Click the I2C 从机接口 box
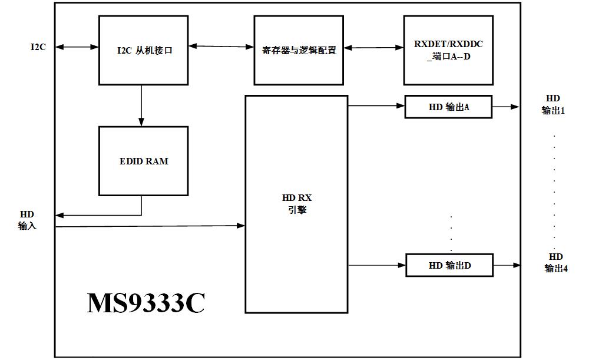click(x=143, y=50)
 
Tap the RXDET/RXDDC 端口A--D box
click(x=448, y=50)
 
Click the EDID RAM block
click(x=143, y=161)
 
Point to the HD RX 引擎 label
click(x=297, y=204)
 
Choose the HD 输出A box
click(x=448, y=107)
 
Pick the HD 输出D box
click(x=449, y=266)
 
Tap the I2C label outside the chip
click(x=38, y=47)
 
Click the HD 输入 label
click(x=27, y=220)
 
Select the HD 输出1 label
click(x=553, y=104)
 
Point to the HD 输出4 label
click(x=555, y=263)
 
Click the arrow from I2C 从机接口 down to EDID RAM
click(x=141, y=105)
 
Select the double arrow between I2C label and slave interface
click(x=77, y=47)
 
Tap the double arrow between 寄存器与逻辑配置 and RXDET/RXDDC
click(x=373, y=47)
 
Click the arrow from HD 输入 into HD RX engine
click(x=150, y=226)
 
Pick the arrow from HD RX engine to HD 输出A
click(x=376, y=106)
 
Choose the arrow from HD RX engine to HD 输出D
click(x=377, y=265)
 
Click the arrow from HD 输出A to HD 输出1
click(x=505, y=107)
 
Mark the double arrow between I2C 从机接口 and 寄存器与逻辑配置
click(x=221, y=45)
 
